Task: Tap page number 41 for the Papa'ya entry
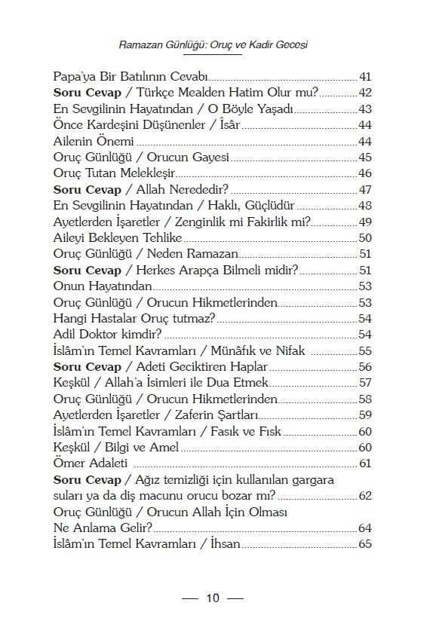(x=365, y=78)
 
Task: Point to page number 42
(x=365, y=93)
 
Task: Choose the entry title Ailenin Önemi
(x=94, y=141)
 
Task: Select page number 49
(x=365, y=222)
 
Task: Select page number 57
(x=365, y=382)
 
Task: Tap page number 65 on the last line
(x=365, y=543)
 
